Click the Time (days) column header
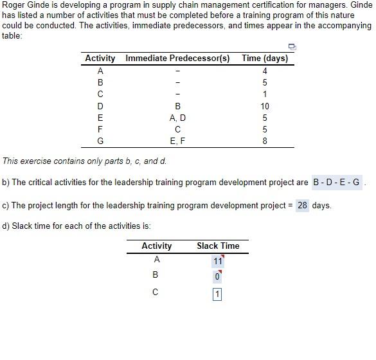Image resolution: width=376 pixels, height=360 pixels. pyautogui.click(x=265, y=59)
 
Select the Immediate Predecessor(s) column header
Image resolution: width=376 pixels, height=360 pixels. pyautogui.click(x=177, y=59)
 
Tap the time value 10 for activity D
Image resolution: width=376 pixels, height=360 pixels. pyautogui.click(x=265, y=106)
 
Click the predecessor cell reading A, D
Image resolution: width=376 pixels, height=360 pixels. pyautogui.click(x=177, y=118)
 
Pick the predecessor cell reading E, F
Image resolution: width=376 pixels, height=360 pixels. pyautogui.click(x=177, y=141)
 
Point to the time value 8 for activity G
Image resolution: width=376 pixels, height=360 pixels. pyautogui.click(x=265, y=141)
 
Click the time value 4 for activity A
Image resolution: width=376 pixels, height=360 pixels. pyautogui.click(x=265, y=71)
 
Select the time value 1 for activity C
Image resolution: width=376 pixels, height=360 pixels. pyautogui.click(x=265, y=94)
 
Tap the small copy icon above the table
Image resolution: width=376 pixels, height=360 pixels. pyautogui.click(x=292, y=46)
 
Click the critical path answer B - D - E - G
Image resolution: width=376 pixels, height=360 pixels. pyautogui.click(x=337, y=182)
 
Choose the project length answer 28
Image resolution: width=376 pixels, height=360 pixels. pyautogui.click(x=302, y=206)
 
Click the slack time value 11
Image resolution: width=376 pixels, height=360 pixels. pyautogui.click(x=218, y=261)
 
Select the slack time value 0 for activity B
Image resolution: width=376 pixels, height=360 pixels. pyautogui.click(x=218, y=277)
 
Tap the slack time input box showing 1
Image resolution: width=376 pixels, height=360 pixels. pyautogui.click(x=218, y=294)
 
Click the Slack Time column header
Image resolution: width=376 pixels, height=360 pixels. pyautogui.click(x=218, y=246)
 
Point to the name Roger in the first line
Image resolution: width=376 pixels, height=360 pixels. pyautogui.click(x=14, y=4)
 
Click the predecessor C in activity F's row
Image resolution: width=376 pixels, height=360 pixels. pyautogui.click(x=177, y=129)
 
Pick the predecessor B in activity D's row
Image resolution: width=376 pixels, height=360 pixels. pyautogui.click(x=177, y=106)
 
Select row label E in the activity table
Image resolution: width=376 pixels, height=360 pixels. pyautogui.click(x=100, y=118)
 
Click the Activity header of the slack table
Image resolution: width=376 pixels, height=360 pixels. pyautogui.click(x=157, y=246)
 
